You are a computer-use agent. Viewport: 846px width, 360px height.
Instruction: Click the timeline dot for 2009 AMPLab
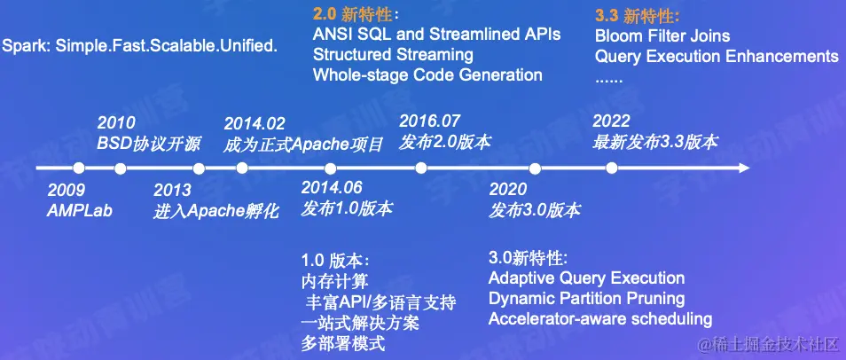pos(79,168)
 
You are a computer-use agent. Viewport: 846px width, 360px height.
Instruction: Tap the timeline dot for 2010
pos(121,168)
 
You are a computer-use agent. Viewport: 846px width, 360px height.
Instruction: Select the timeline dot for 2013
pos(199,168)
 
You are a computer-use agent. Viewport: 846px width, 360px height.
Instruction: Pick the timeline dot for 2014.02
pos(242,168)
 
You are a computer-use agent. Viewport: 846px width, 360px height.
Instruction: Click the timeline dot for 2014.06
pos(331,168)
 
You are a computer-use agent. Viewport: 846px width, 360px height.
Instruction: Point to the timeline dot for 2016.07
pos(421,168)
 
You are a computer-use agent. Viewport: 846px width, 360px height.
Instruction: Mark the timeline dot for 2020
pos(535,168)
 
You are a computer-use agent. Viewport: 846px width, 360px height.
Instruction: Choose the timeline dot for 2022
pos(611,168)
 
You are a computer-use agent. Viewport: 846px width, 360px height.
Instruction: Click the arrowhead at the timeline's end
pos(745,168)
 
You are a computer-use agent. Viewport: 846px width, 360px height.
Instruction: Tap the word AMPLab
pos(79,210)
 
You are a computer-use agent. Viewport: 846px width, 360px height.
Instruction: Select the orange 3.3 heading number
pos(607,16)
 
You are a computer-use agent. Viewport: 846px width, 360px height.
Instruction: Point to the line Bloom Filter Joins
pos(662,36)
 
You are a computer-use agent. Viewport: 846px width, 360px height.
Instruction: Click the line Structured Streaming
pos(393,54)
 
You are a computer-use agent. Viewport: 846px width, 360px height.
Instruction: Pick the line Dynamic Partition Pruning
pos(586,298)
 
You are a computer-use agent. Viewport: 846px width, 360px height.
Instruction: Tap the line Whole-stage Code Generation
pos(427,74)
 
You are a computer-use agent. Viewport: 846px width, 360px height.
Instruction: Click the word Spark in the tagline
pos(26,46)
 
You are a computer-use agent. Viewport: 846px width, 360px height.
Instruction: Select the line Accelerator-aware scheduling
pos(600,318)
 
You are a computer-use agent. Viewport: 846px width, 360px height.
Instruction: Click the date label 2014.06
pos(332,187)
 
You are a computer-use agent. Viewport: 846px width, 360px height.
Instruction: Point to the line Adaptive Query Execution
pos(586,278)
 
